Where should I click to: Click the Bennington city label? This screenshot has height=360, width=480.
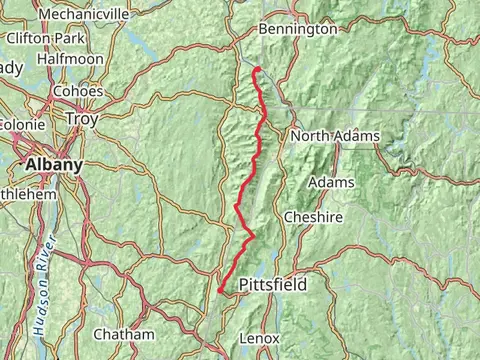click(x=297, y=30)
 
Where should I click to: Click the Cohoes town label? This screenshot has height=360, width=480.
click(x=85, y=96)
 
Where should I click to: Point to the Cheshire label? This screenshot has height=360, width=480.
click(x=313, y=217)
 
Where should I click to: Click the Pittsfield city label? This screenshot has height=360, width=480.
click(x=272, y=286)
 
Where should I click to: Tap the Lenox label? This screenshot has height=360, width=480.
click(x=260, y=339)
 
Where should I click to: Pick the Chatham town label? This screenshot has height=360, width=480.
click(x=123, y=334)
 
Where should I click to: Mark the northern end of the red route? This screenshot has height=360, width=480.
click(x=256, y=69)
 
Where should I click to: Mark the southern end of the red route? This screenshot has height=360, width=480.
click(x=219, y=291)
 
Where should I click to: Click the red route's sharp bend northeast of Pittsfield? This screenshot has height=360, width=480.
click(x=252, y=236)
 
